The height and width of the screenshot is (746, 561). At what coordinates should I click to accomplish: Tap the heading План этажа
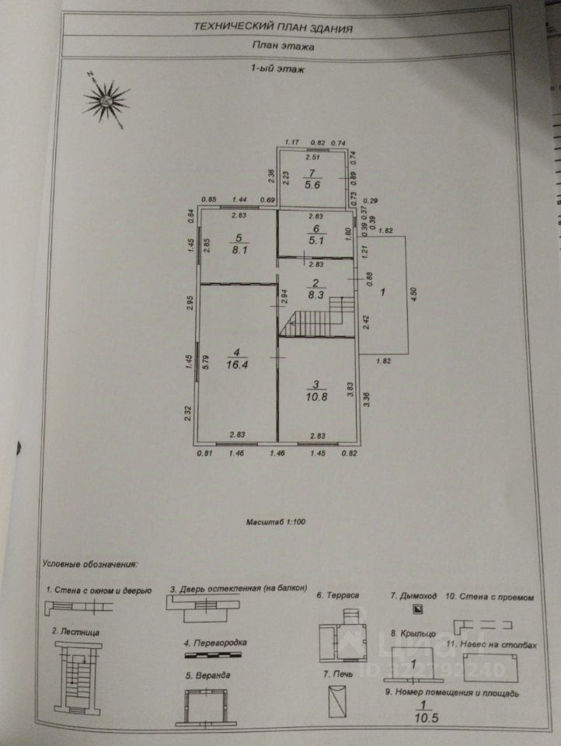283,46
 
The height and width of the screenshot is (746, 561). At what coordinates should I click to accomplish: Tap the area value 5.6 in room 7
312,185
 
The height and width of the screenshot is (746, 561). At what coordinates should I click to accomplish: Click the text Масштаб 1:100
276,522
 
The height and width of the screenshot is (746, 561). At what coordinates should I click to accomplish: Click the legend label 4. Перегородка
215,643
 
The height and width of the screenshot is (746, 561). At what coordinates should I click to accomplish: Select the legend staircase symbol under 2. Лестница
77,675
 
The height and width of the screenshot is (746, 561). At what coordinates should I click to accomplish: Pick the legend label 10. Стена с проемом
490,597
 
